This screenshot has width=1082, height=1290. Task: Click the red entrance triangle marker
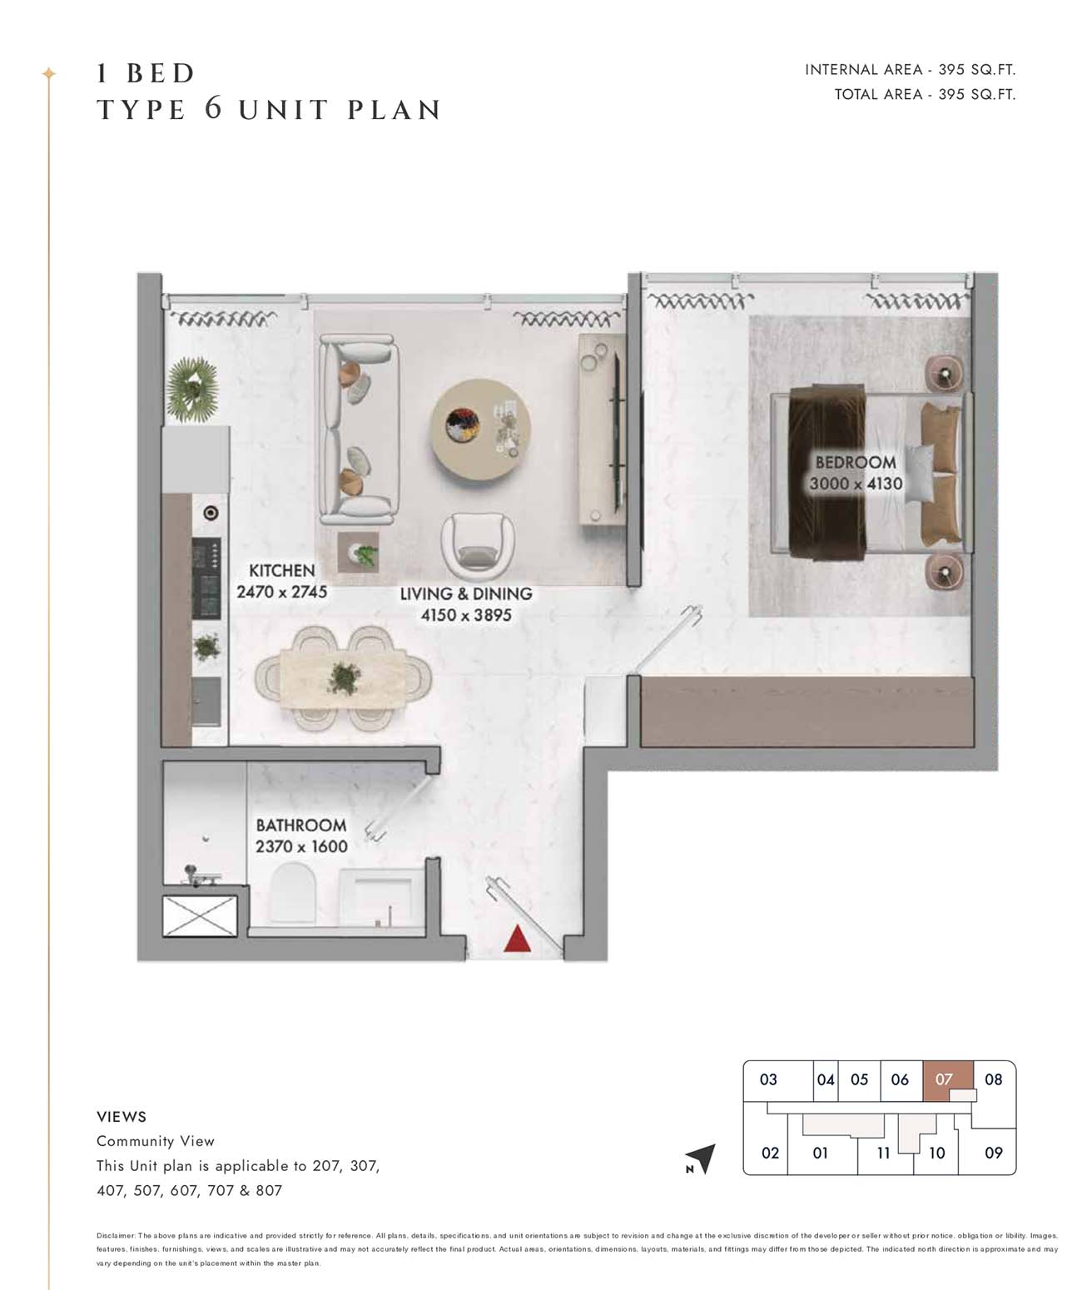click(517, 939)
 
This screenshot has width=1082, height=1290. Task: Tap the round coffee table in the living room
click(480, 429)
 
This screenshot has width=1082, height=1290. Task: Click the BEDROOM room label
click(856, 462)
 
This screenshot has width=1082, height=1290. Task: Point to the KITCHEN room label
click(282, 570)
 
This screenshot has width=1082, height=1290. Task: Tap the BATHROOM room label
click(301, 826)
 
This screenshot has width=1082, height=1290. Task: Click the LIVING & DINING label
click(466, 593)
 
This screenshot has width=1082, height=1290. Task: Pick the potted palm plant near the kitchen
click(192, 389)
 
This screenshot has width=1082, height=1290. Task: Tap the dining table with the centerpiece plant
click(344, 678)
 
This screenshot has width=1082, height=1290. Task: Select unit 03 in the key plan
click(768, 1079)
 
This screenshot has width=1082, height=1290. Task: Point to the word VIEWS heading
click(122, 1117)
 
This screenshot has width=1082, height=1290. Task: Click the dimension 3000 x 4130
click(856, 484)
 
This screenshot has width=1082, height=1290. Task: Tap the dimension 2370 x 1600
click(301, 846)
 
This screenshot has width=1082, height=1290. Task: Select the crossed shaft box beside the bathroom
click(200, 915)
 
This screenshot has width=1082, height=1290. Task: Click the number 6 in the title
click(213, 108)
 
